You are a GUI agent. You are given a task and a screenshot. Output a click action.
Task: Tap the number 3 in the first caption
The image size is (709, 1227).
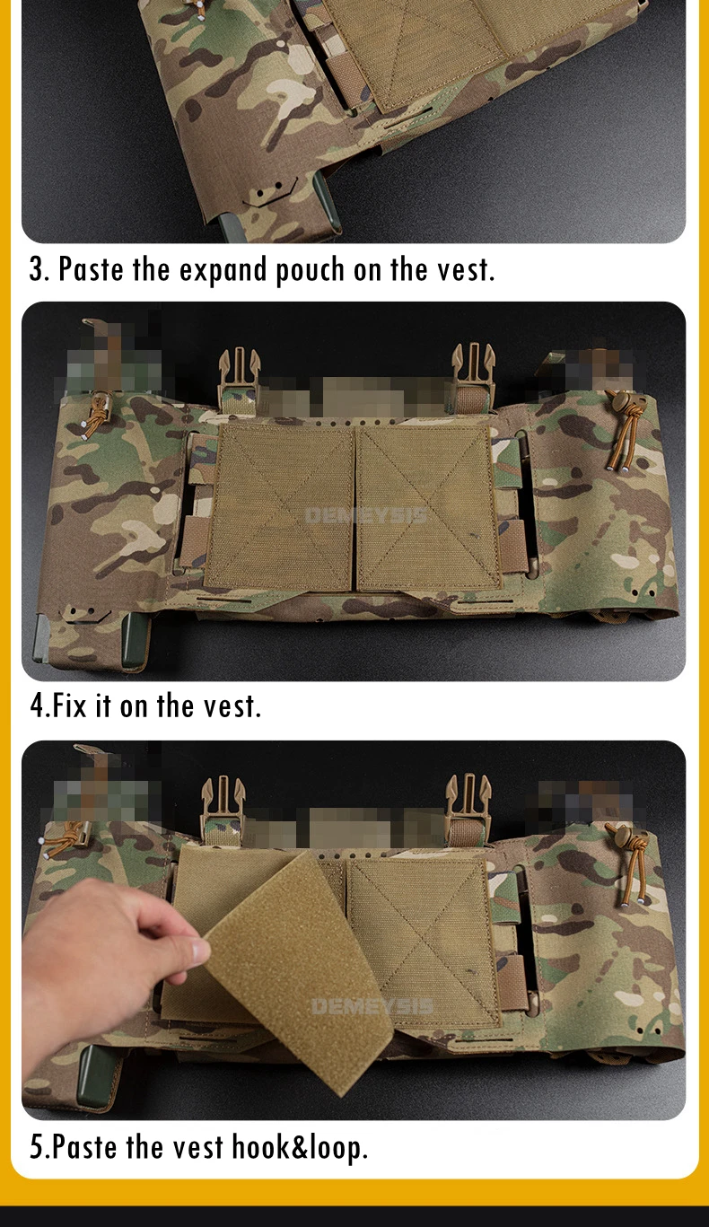36,269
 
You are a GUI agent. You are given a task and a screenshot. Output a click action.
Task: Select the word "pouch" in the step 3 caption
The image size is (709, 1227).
310,270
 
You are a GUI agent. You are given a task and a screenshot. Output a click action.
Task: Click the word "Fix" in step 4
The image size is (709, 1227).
69,705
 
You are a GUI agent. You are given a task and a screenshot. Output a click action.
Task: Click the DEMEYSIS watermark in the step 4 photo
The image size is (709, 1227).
366,515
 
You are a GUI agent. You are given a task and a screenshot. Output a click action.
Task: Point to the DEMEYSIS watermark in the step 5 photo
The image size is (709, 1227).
372,1006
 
